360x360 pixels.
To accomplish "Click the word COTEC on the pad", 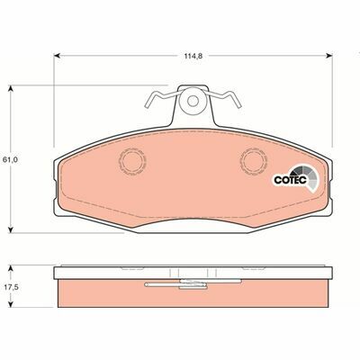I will pyautogui.click(x=289, y=179).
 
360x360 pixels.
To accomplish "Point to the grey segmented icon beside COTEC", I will pyautogui.click(x=310, y=177).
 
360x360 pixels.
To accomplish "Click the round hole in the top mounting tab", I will pyautogui.click(x=192, y=101).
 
